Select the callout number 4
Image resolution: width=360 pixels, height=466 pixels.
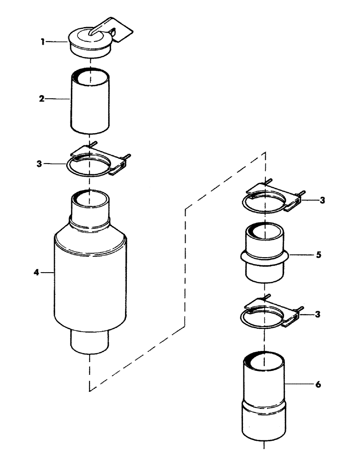pos(36,273)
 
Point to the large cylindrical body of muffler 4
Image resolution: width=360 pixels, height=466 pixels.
pos(90,280)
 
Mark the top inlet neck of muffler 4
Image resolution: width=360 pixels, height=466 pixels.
pos(90,207)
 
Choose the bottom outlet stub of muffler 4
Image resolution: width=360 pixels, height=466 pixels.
pos(90,343)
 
